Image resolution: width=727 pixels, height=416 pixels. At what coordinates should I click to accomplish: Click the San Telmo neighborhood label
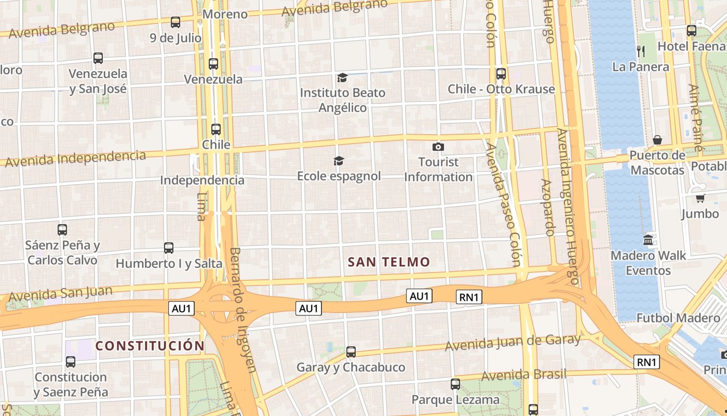(389, 262)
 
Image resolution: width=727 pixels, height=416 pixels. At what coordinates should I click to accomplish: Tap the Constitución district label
(150, 346)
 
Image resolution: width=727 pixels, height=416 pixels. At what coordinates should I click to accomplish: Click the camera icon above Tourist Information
(438, 147)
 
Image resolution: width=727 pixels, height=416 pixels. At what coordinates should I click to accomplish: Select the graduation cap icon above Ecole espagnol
(339, 161)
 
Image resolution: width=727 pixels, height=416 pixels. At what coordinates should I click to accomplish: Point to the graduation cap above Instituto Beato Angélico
(342, 78)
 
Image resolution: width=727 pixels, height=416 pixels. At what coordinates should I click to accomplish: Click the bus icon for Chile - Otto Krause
(501, 74)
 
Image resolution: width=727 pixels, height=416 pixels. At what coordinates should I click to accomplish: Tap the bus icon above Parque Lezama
(455, 384)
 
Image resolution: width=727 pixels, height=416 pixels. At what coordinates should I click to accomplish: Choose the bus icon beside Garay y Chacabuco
(351, 352)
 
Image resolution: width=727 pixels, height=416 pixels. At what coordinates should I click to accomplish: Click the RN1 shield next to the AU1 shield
(469, 297)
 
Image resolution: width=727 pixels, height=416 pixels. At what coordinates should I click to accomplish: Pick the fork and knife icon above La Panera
(641, 51)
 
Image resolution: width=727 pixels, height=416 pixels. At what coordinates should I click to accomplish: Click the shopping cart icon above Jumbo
(700, 198)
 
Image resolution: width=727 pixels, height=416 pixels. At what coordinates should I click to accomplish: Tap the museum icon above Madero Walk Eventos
(648, 240)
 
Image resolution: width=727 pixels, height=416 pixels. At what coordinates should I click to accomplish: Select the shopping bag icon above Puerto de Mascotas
(657, 140)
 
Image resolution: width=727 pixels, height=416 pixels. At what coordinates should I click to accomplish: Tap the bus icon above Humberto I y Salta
(169, 248)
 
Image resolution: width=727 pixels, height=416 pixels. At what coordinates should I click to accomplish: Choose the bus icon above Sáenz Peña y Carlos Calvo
(62, 229)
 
